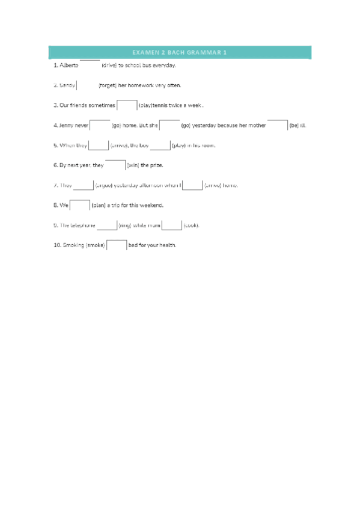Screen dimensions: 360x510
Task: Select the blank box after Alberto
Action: coord(90,64)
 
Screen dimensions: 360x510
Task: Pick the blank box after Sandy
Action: coord(87,85)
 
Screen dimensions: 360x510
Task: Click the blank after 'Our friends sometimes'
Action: coord(127,105)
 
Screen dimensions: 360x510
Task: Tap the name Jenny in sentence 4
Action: coord(66,126)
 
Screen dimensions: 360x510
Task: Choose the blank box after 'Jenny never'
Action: coord(100,124)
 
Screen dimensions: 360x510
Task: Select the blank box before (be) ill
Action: coord(278,124)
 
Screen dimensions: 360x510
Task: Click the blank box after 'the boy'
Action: coord(160,144)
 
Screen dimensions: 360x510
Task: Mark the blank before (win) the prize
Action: coord(115,164)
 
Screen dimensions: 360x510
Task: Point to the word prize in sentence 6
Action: coord(155,165)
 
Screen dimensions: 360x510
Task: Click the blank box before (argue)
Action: coord(84,185)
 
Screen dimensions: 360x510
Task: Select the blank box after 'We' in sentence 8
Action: coord(80,204)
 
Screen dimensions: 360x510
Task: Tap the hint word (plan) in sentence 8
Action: coord(99,205)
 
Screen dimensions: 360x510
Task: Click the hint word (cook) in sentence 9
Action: coord(191,226)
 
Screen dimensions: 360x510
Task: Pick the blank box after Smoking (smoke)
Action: coord(117,245)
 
